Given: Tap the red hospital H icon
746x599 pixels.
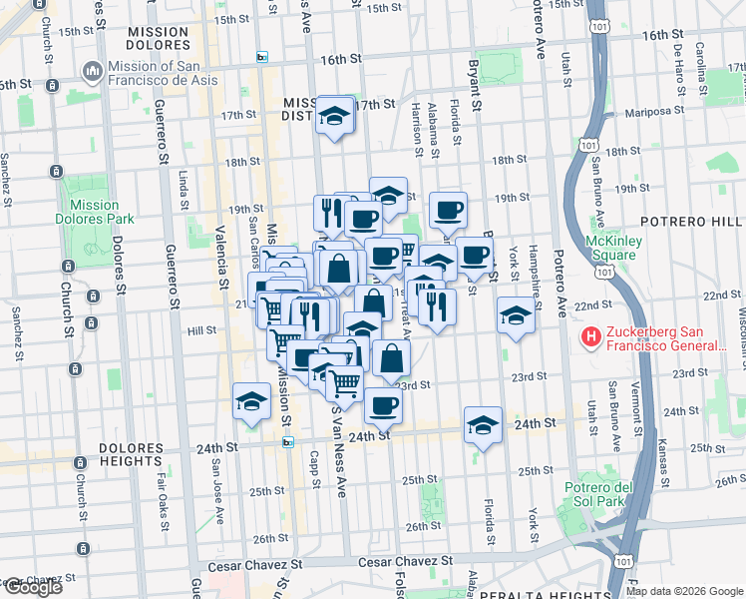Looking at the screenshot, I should [x=591, y=337].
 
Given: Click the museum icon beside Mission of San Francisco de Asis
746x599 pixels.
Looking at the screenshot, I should [x=93, y=71].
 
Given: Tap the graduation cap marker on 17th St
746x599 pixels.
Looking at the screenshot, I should [x=336, y=115].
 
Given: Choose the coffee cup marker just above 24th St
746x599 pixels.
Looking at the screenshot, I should [x=383, y=404].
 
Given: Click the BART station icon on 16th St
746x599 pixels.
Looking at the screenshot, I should [x=262, y=57].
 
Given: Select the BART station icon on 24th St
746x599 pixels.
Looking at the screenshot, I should [x=288, y=441].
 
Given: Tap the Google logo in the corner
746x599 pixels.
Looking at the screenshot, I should [x=32, y=587].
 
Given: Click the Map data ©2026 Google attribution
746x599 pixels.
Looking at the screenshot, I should [x=684, y=591].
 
